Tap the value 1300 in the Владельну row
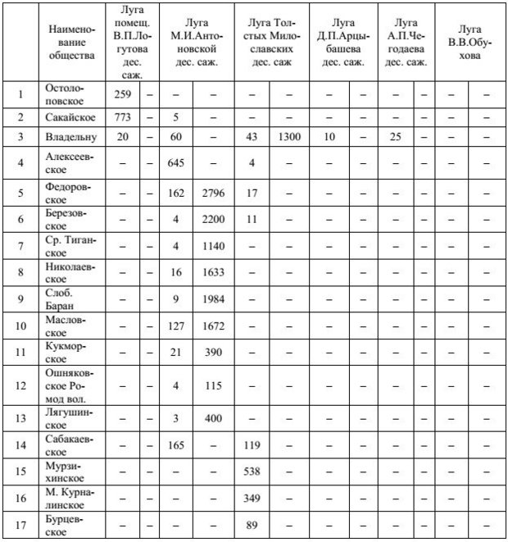[x=288, y=136]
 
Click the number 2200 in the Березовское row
[x=211, y=221]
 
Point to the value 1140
[x=211, y=245]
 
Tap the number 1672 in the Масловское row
[x=211, y=326]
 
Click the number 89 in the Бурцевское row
[x=252, y=524]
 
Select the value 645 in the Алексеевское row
[x=175, y=162]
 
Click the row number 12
[x=20, y=384]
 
